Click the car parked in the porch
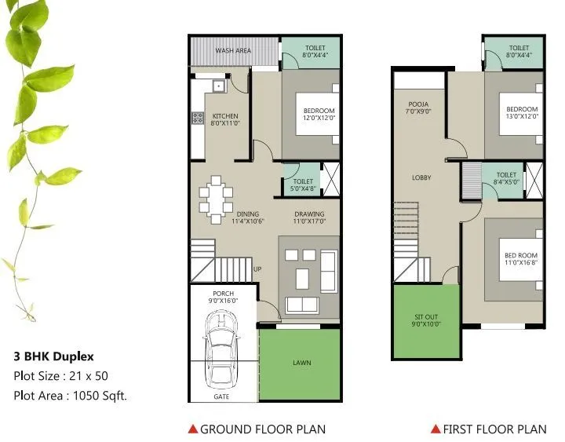click(x=224, y=349)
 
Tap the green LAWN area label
click(x=301, y=363)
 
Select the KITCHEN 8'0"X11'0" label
click(x=224, y=121)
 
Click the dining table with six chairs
click(x=215, y=195)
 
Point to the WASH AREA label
click(x=233, y=50)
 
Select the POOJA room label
click(x=417, y=108)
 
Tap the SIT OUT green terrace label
click(x=427, y=321)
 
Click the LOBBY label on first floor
click(x=421, y=177)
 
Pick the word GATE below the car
click(x=222, y=397)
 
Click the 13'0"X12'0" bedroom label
click(x=521, y=113)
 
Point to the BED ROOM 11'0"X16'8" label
click(x=521, y=258)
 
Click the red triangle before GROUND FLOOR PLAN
click(x=192, y=429)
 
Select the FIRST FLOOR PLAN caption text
click(x=494, y=429)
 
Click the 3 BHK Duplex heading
click(x=53, y=356)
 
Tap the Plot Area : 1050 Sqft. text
click(x=70, y=396)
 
